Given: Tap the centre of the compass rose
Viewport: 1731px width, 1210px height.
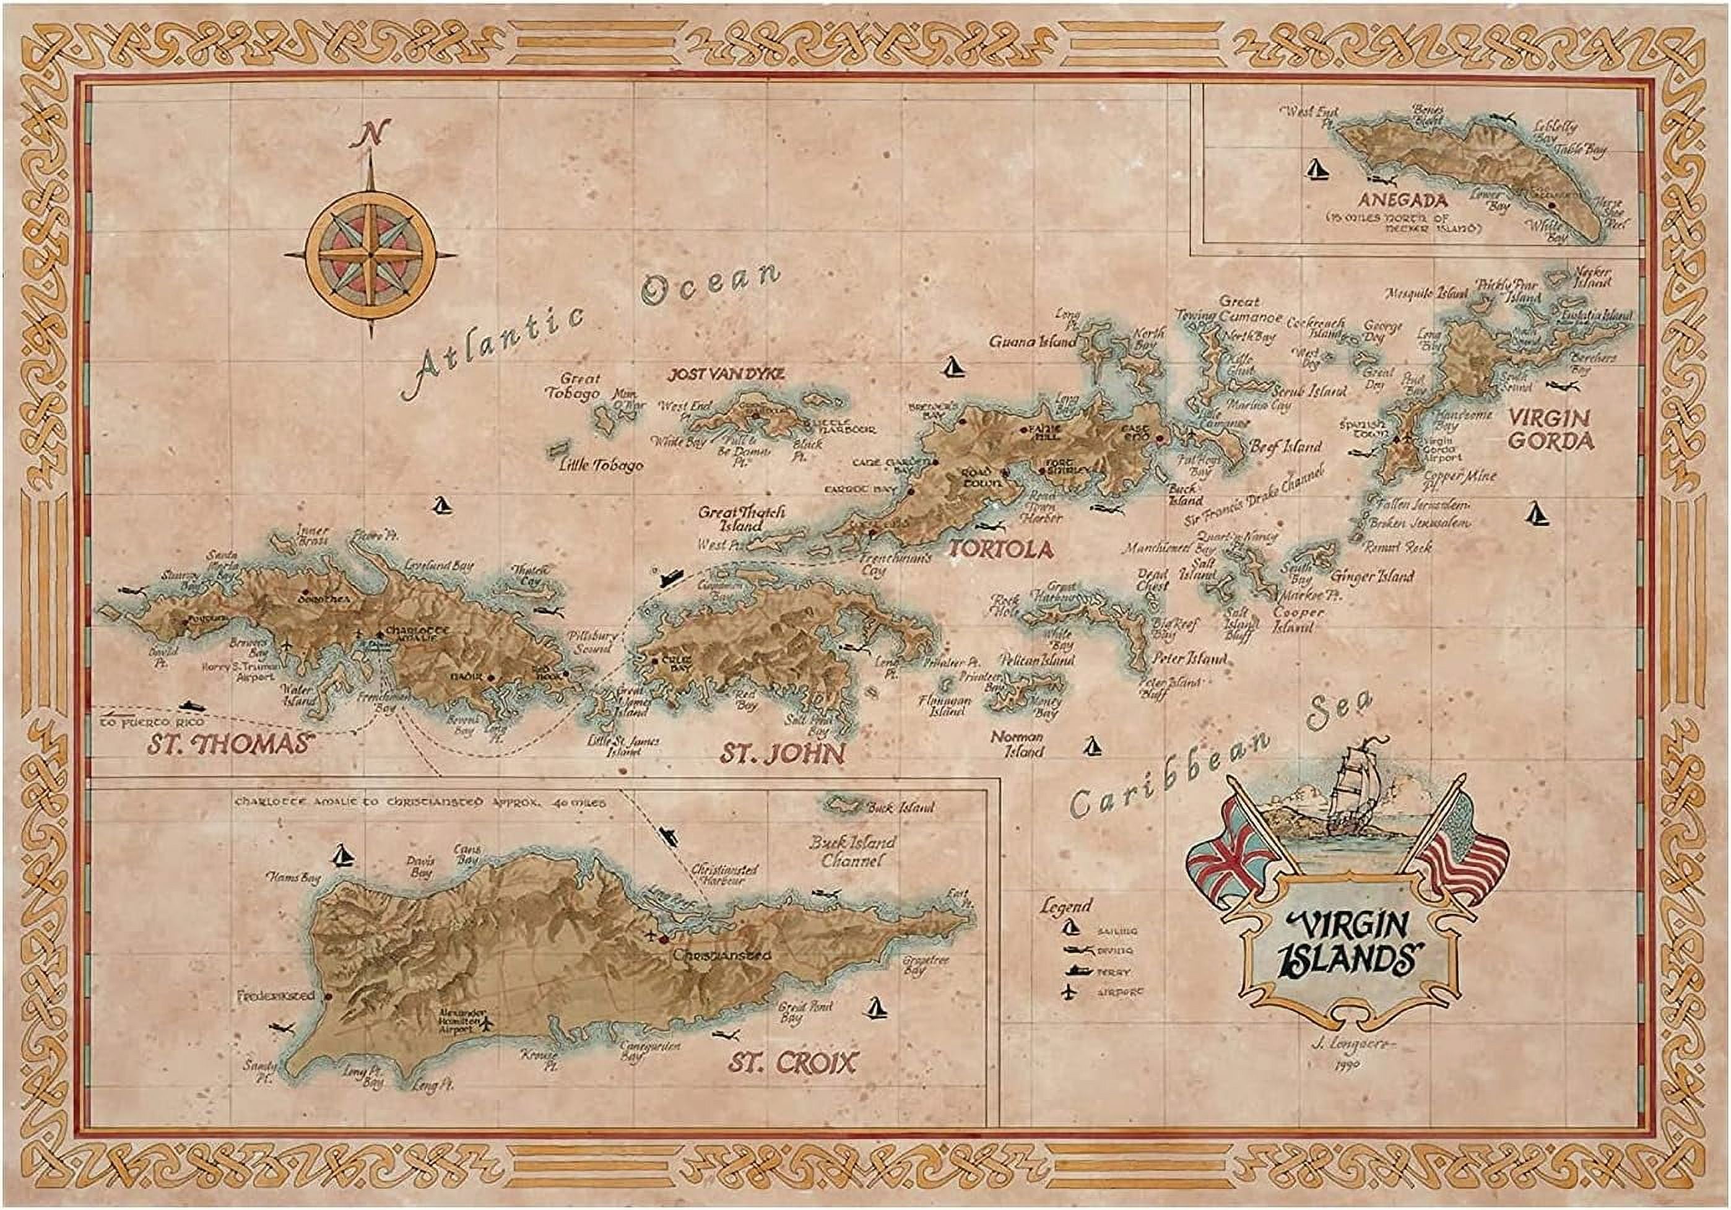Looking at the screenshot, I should pos(371,255).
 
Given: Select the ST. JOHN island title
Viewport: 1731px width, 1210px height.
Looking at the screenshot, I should pos(781,753).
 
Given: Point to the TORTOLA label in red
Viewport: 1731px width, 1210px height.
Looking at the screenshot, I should pos(1000,550).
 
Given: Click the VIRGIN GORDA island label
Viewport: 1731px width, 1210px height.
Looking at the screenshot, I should pos(1550,429).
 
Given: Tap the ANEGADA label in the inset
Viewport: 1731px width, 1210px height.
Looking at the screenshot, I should pos(1410,201).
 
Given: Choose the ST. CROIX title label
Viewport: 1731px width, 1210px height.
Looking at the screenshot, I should pos(792,1063).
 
